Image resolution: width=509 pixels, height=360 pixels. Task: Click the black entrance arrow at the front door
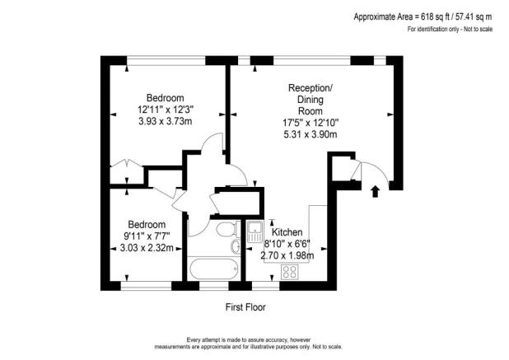tap(376, 192)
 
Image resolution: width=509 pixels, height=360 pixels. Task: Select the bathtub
tap(212, 269)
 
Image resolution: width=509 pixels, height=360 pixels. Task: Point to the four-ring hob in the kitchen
tap(290, 270)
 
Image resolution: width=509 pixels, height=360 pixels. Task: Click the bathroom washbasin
tap(236, 246)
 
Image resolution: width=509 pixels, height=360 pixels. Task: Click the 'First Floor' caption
tap(246, 307)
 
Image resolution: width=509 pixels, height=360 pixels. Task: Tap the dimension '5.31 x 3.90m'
tap(311, 135)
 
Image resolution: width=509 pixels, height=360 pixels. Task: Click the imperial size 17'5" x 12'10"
tap(311, 124)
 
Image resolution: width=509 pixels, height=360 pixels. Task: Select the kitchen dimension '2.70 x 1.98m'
tap(287, 255)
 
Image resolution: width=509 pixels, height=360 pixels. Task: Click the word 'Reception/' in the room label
tap(311, 87)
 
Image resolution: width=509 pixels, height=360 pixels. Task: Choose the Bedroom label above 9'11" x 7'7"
tap(146, 224)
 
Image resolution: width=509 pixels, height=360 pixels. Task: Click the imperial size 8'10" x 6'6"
tap(288, 244)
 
